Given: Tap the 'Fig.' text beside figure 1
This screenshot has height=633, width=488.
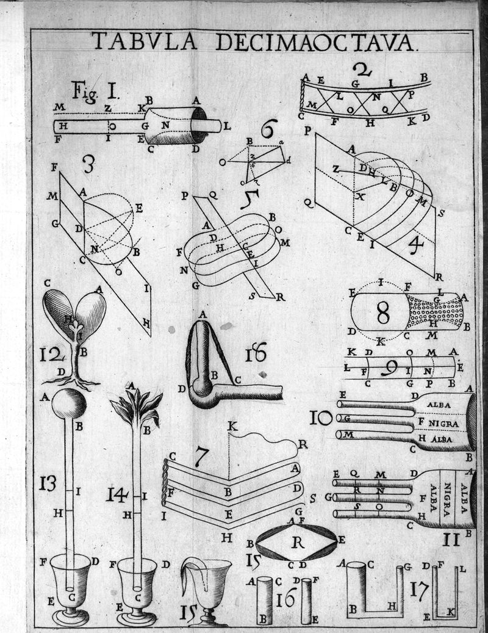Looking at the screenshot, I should click(x=83, y=92).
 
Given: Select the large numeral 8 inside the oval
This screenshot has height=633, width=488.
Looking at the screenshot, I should click(x=382, y=313).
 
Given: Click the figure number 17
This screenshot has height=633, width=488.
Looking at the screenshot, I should click(x=418, y=590).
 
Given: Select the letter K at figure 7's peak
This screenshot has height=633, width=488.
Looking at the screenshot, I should click(x=232, y=425).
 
